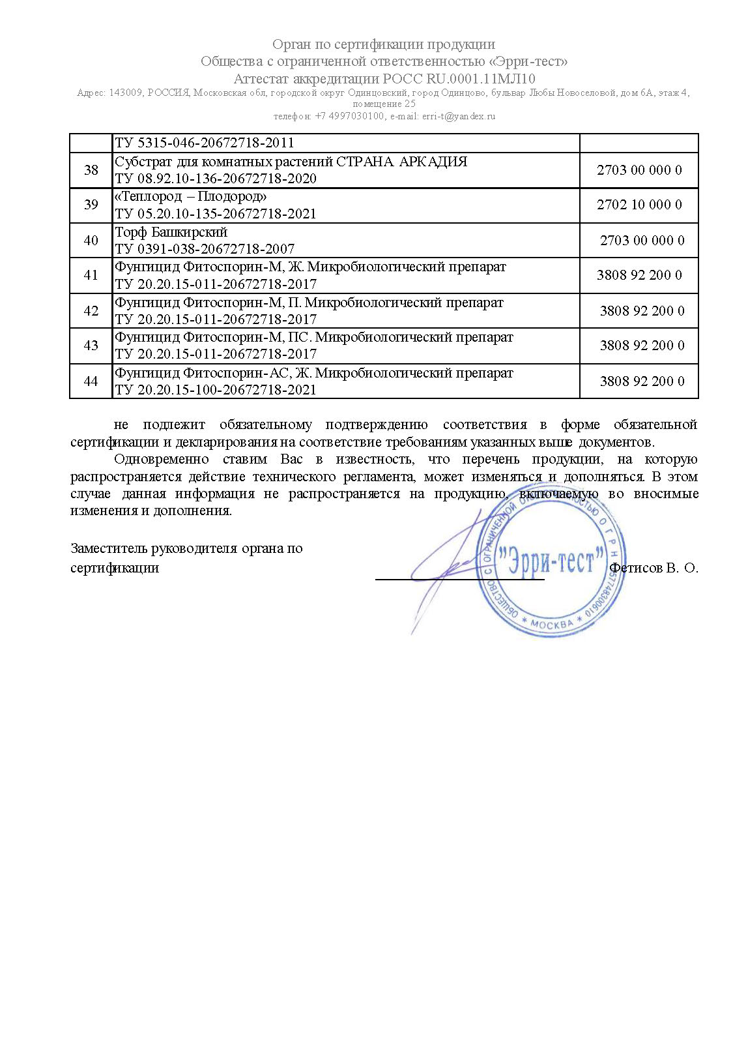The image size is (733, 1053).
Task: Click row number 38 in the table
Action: coord(91,170)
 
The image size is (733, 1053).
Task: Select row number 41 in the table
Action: coord(91,275)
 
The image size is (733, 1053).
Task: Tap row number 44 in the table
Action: coord(91,381)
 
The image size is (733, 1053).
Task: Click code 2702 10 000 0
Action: coord(639,205)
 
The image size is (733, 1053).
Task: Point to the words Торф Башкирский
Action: coord(171,232)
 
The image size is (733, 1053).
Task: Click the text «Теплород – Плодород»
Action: coord(191,196)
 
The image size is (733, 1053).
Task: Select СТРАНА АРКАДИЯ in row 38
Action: coord(401,162)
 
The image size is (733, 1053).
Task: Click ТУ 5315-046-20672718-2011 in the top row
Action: coord(205,143)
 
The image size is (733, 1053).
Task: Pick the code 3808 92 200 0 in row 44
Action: coord(642,381)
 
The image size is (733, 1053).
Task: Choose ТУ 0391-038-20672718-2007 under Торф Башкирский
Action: coord(205,248)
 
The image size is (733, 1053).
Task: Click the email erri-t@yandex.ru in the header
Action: coord(459,116)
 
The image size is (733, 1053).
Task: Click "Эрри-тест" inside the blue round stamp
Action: coord(549,561)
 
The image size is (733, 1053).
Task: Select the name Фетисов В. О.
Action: coord(654,568)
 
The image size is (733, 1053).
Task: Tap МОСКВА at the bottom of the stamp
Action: coord(551,624)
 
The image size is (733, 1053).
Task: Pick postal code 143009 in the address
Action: coord(126,93)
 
